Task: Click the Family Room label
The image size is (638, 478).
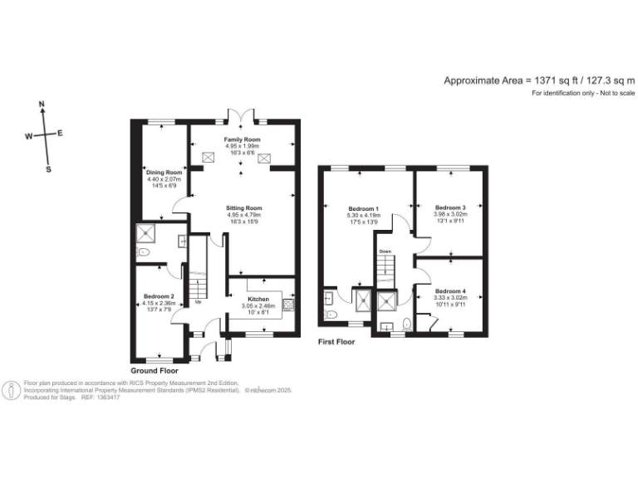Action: coord(242,139)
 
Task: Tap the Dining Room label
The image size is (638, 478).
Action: coord(164,172)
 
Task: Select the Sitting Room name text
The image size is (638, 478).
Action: coord(243,207)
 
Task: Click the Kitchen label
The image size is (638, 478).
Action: coord(258,298)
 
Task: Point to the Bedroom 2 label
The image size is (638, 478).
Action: coord(158,296)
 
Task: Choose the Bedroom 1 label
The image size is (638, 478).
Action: coord(363,207)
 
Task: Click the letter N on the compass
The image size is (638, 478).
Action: coord(42,105)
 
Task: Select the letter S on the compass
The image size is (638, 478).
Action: coord(47,168)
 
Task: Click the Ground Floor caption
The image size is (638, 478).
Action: coord(155,370)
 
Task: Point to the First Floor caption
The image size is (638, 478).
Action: coord(336,341)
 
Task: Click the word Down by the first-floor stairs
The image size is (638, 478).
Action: coord(385,251)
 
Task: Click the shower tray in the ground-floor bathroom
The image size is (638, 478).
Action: coord(146,233)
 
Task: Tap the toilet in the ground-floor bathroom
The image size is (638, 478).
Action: coord(145,252)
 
